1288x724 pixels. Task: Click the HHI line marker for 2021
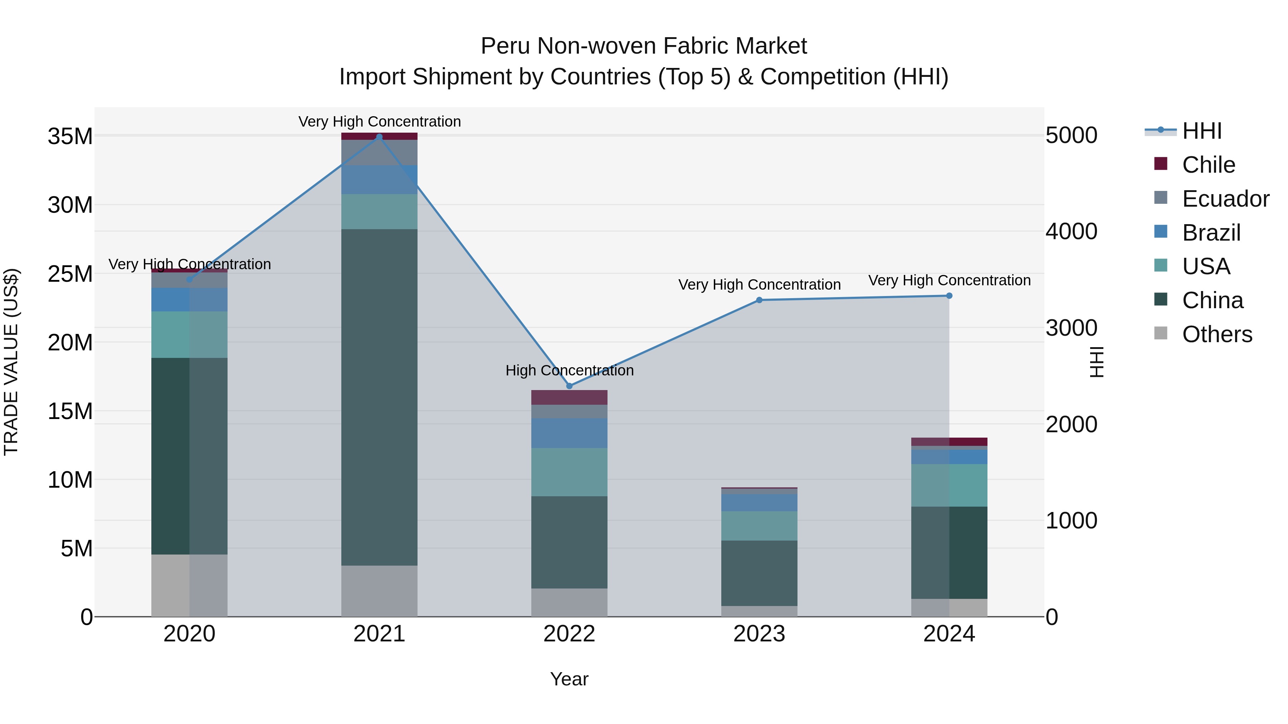[x=379, y=137]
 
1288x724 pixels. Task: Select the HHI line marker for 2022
[x=569, y=386]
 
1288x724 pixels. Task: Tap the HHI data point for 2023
[x=759, y=300]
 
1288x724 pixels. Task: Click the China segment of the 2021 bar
[x=379, y=397]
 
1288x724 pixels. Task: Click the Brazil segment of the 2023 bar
[x=759, y=503]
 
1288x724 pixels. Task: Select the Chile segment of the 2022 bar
[x=569, y=397]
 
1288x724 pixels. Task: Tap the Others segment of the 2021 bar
[x=379, y=591]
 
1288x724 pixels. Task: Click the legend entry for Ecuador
[x=1225, y=199]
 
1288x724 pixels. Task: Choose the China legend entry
[x=1212, y=300]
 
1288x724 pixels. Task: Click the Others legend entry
[x=1216, y=334]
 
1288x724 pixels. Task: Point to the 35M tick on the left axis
[x=70, y=137]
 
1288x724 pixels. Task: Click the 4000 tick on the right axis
[x=1072, y=231]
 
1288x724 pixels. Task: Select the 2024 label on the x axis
[x=948, y=634]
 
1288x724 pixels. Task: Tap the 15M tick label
[x=70, y=411]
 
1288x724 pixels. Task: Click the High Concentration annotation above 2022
[x=569, y=370]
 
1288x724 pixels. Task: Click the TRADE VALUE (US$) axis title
[x=11, y=362]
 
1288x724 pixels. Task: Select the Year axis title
[x=569, y=679]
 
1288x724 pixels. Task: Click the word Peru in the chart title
[x=505, y=46]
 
